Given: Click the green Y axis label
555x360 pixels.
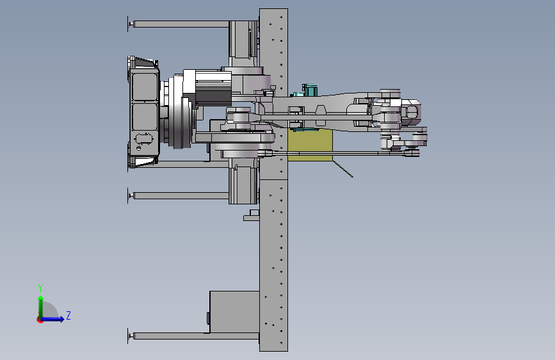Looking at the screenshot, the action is click(40, 288).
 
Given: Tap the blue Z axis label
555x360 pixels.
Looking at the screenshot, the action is click(68, 315).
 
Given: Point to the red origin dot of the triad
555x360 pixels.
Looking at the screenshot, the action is click(40, 320).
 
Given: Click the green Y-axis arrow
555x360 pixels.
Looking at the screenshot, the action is click(41, 307).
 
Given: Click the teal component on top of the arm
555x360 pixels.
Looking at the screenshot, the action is click(309, 90).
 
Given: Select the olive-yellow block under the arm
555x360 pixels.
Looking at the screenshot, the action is click(310, 145).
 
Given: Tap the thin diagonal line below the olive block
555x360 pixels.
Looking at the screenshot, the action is click(342, 168).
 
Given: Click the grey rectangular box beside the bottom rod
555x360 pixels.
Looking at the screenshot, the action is click(234, 312).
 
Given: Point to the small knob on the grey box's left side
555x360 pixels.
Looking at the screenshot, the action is click(208, 318).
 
